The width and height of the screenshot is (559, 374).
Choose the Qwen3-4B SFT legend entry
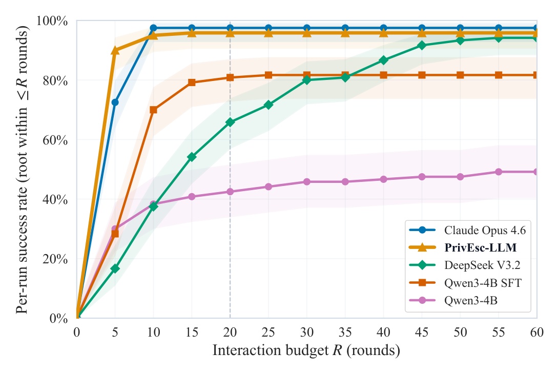(483, 283)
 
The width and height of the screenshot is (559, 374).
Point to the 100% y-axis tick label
(54, 21)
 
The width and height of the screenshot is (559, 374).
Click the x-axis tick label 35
(345, 332)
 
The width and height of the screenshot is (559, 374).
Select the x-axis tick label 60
(536, 332)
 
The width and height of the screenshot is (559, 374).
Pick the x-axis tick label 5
(115, 332)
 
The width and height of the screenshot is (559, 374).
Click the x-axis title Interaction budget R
(306, 351)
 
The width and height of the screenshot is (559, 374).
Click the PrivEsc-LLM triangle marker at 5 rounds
(115, 50)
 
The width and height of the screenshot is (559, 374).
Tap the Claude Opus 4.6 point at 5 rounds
(115, 102)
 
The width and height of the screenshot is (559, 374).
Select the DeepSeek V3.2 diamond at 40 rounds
(383, 60)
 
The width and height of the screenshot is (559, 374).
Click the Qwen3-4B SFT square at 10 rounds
(153, 110)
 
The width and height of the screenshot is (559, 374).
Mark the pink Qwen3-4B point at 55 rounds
(499, 172)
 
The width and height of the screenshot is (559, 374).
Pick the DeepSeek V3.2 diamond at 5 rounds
(115, 268)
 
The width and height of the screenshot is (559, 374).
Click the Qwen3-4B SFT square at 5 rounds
(115, 234)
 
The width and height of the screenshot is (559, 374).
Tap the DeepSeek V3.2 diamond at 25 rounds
(268, 105)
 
